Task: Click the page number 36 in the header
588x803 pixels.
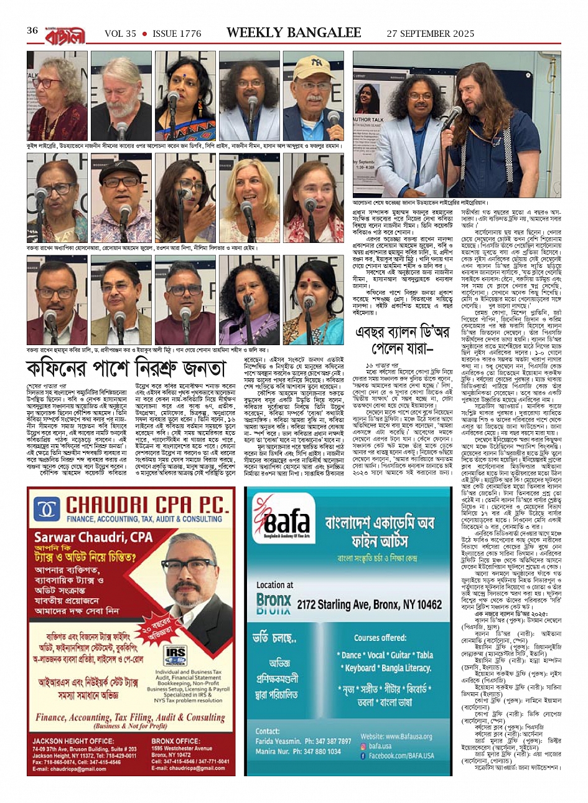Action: click(32, 31)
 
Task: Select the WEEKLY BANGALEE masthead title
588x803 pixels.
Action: click(294, 32)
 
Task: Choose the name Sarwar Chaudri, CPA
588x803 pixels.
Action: click(93, 537)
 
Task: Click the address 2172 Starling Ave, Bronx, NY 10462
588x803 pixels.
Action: click(369, 604)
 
